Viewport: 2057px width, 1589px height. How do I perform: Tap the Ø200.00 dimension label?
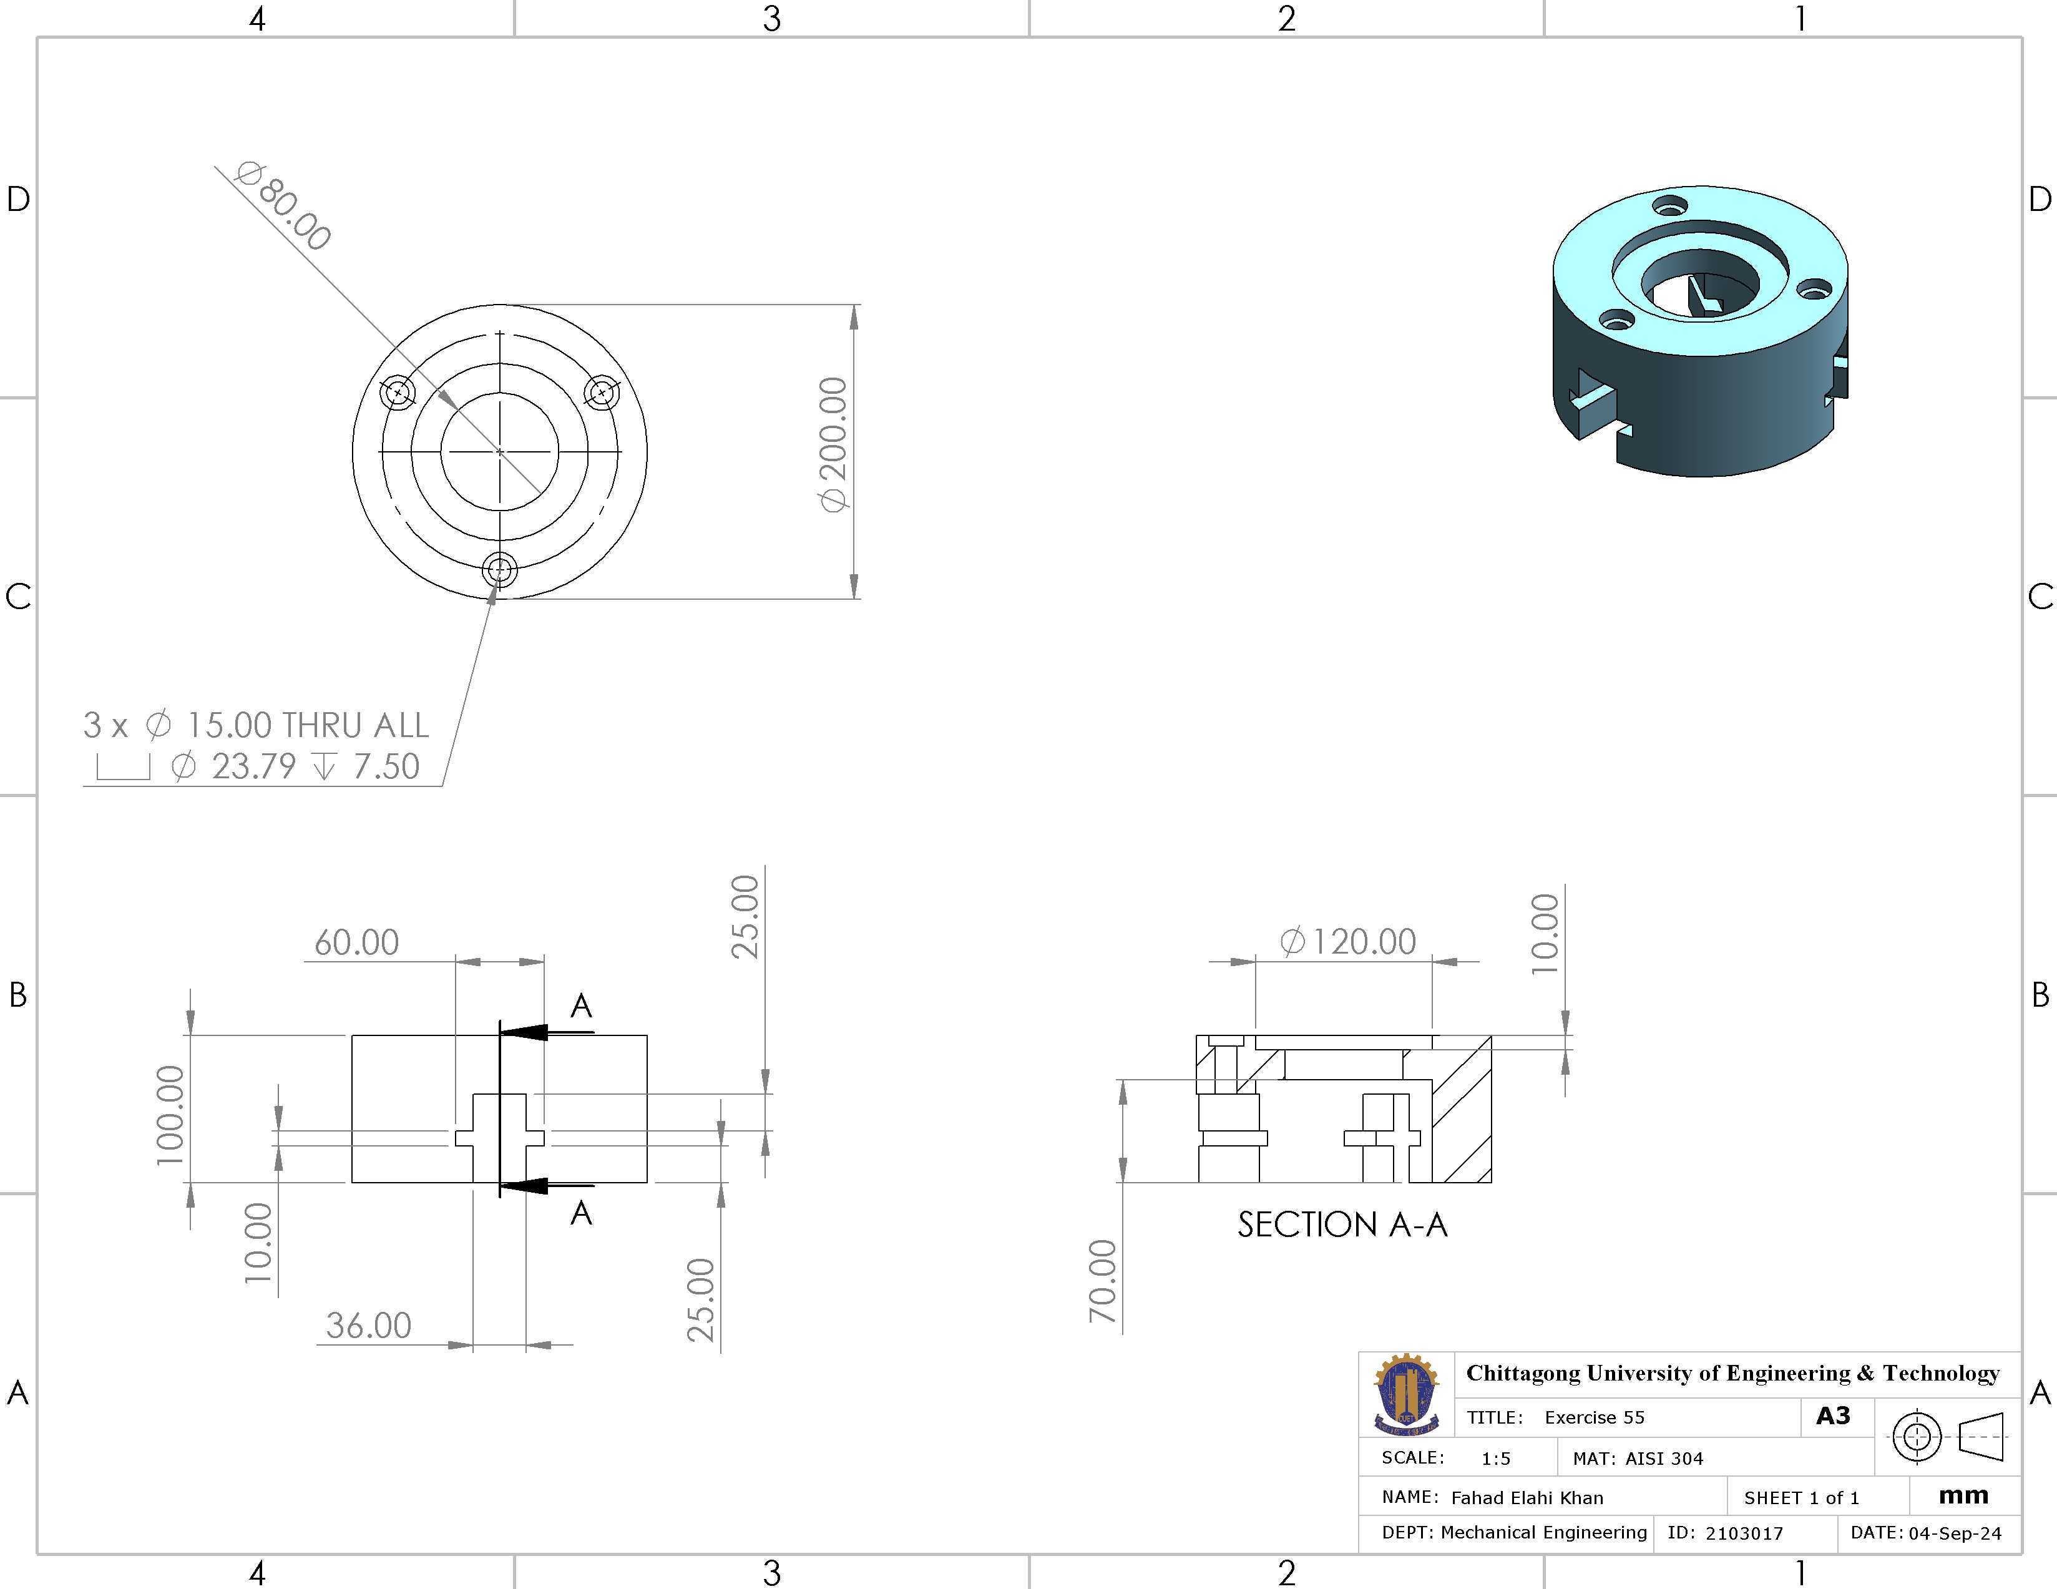834,444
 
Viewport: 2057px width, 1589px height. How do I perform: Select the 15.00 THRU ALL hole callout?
255,725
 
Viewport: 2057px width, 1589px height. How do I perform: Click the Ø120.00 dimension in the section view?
1348,941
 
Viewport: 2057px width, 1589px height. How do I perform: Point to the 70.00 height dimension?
1102,1281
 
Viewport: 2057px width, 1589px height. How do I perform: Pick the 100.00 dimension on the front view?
170,1115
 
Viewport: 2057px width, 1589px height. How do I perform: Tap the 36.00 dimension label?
368,1325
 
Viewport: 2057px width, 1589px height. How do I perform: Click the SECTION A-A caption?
1342,1225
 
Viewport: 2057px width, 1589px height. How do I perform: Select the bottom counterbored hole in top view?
499,570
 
